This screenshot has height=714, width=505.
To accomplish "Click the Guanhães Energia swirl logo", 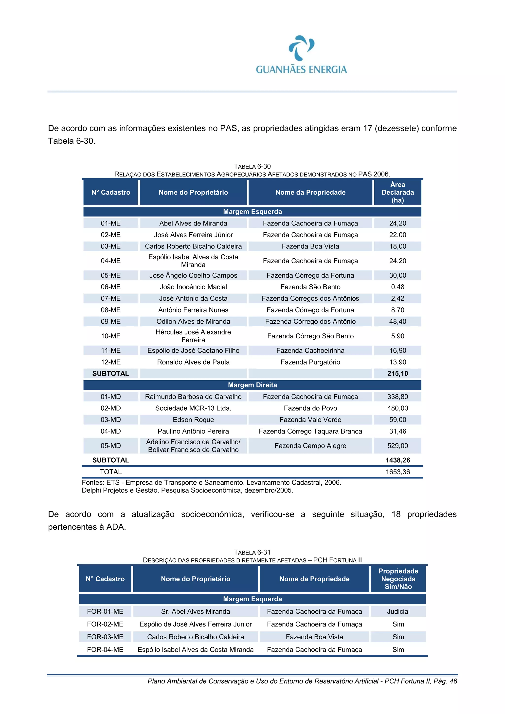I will tap(301, 48).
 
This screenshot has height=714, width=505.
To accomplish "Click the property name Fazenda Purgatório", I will tap(310, 362).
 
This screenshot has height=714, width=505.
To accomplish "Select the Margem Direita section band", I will tap(252, 385).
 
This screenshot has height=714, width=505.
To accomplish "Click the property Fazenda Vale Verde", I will tap(310, 419).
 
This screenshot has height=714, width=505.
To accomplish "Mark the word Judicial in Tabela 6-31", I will tap(398, 611).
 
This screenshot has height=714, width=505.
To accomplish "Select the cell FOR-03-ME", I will tap(105, 637).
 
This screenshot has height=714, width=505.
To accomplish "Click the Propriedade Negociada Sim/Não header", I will tap(398, 579).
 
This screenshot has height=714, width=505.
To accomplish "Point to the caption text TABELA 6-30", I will tap(252, 166).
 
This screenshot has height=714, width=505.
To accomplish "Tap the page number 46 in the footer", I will tap(453, 681).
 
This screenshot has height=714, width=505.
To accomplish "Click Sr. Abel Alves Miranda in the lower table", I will tap(195, 611).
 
